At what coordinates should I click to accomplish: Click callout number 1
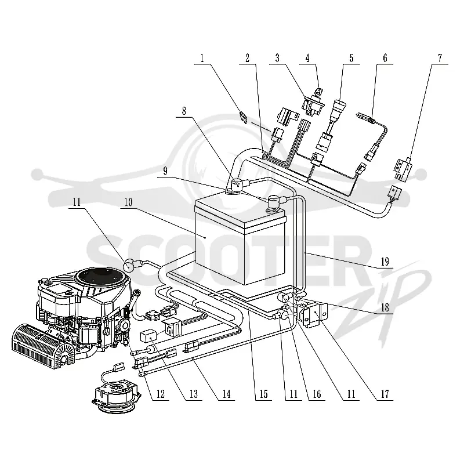click(202, 58)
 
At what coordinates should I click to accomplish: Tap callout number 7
click(440, 58)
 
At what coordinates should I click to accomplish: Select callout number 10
click(128, 202)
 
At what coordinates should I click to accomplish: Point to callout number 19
click(385, 262)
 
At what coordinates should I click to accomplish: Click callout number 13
click(194, 394)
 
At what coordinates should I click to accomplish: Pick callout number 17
click(385, 394)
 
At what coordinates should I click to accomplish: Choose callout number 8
click(184, 111)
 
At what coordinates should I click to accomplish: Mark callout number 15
click(263, 394)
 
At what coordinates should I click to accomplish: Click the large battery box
click(240, 240)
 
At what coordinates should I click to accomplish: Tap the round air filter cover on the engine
click(103, 278)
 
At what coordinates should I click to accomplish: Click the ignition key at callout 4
click(319, 92)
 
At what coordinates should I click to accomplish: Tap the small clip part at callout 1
click(243, 117)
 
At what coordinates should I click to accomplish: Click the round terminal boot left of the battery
click(129, 265)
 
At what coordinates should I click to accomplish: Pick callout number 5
click(351, 58)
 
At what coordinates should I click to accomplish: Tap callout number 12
click(161, 394)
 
